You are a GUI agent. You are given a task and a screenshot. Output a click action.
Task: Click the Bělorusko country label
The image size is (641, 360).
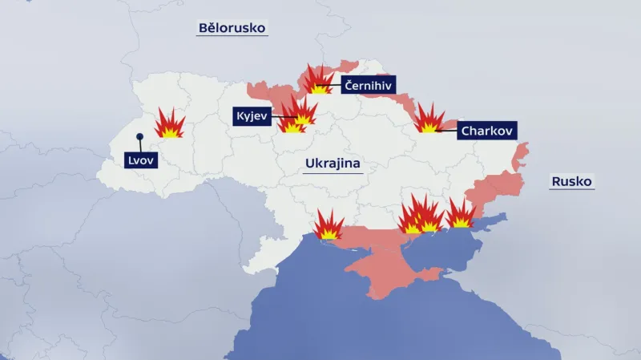pyautogui.click(x=232, y=28)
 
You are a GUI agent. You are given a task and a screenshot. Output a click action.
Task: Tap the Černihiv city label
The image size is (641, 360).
pyautogui.click(x=369, y=84)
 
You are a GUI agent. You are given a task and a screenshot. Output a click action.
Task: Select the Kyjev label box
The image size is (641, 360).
pyautogui.click(x=252, y=116)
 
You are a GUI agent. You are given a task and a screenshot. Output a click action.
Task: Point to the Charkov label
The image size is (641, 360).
pyautogui.click(x=487, y=129)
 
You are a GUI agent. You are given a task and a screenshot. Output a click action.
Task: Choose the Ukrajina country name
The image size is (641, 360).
pyautogui.click(x=333, y=164)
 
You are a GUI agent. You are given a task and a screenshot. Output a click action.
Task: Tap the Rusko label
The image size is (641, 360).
pyautogui.click(x=571, y=181)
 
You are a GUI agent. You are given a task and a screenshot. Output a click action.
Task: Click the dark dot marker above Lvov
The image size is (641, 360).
pyautogui.click(x=139, y=137)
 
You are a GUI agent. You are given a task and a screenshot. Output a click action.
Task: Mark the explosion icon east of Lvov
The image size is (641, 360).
pyautogui.click(x=170, y=124)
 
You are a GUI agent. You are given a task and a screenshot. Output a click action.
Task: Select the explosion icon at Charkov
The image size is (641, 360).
pyautogui.click(x=429, y=119)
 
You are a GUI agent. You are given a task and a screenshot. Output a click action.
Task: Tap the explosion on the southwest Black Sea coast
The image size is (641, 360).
pyautogui.click(x=329, y=226)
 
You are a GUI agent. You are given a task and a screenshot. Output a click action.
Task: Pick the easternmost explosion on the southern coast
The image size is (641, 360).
pyautogui.click(x=460, y=215)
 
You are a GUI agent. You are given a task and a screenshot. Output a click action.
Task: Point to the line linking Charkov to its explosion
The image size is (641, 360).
pyautogui.click(x=449, y=129)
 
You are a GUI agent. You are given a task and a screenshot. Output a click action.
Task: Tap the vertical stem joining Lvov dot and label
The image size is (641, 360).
pyautogui.click(x=139, y=145)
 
